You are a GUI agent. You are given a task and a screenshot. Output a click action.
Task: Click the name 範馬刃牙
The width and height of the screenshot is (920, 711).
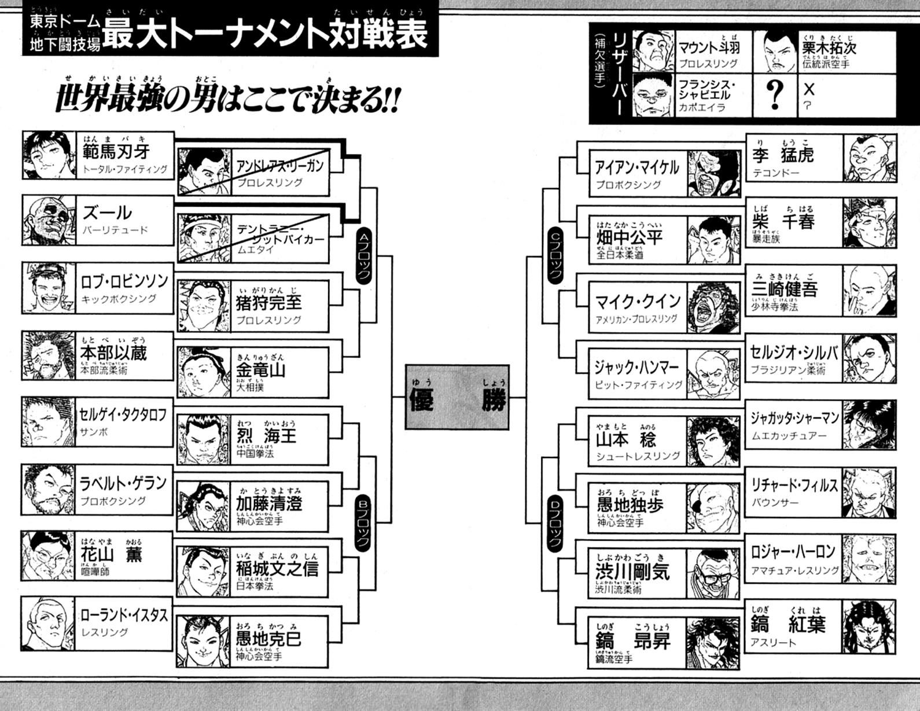(x=116, y=152)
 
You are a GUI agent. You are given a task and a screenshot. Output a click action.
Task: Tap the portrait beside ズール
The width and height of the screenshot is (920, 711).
(x=49, y=221)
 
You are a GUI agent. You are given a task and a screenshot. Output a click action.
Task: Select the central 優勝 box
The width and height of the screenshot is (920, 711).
(x=457, y=397)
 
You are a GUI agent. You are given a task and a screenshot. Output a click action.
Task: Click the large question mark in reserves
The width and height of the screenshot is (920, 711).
(x=774, y=95)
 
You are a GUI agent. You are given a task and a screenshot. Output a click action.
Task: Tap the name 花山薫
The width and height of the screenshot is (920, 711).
(x=111, y=554)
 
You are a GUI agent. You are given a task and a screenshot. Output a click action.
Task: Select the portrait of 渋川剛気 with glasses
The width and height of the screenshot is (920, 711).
(x=712, y=573)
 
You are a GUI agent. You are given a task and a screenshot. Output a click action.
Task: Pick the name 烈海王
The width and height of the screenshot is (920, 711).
(x=267, y=435)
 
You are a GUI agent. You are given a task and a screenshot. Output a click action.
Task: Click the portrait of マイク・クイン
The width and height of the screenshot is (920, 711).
(x=712, y=307)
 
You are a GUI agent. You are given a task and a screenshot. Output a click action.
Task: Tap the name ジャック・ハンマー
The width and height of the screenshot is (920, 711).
(x=636, y=367)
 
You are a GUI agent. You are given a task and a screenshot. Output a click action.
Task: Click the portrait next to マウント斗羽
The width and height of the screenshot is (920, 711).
(x=654, y=51)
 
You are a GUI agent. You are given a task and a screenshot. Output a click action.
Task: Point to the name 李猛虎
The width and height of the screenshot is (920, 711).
(x=783, y=155)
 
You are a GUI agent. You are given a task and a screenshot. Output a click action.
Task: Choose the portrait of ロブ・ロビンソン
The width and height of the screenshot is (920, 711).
(x=49, y=288)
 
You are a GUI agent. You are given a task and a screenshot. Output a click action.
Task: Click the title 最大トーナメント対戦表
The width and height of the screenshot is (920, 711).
(x=265, y=34)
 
